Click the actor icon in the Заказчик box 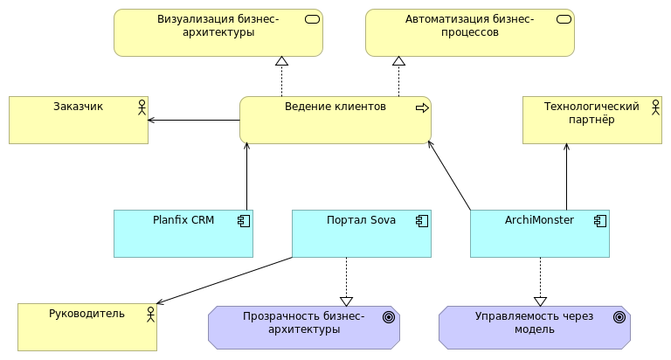(140, 107)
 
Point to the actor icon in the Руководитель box (149, 314)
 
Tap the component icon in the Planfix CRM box (245, 220)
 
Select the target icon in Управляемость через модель (619, 317)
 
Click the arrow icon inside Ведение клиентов (422, 107)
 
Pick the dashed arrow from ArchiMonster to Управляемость (540, 280)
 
